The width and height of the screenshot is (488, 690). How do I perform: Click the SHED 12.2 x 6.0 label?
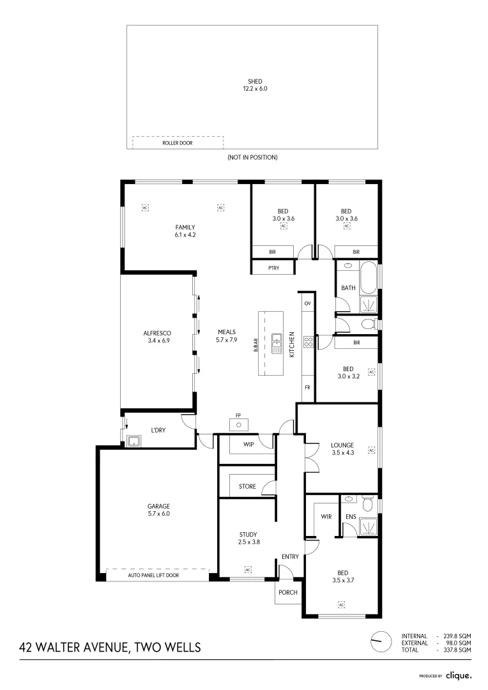tap(255, 85)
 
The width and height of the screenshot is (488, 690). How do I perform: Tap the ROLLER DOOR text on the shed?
tap(177, 144)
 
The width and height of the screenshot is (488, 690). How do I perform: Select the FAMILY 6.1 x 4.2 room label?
tap(185, 231)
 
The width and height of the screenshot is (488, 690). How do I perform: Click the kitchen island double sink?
tap(277, 343)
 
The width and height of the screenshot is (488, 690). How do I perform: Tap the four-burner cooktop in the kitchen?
tap(307, 342)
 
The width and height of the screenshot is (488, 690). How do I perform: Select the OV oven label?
tap(307, 303)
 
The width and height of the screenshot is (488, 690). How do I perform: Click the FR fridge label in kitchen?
tap(307, 388)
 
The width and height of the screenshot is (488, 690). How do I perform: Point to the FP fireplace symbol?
tap(238, 424)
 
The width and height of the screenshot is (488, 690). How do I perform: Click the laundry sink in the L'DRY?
tap(134, 440)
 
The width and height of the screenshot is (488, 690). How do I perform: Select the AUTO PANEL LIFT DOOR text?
tap(153, 576)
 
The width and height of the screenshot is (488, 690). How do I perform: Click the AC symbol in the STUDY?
tap(248, 569)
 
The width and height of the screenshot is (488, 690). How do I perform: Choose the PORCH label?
tap(288, 592)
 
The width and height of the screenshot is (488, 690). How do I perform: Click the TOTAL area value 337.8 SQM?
tap(457, 650)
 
